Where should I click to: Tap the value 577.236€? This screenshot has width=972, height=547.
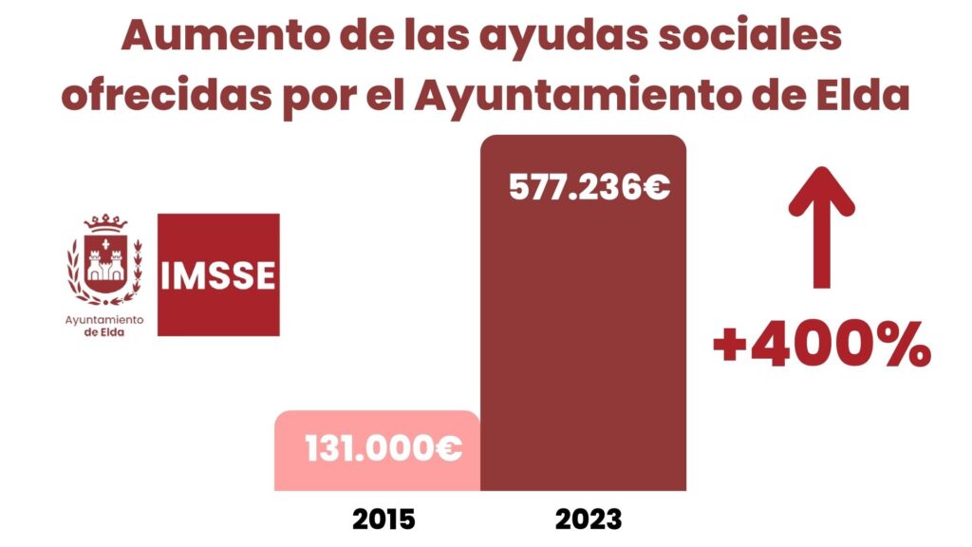[589, 188]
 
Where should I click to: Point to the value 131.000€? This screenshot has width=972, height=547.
[383, 448]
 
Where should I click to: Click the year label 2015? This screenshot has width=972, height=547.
[383, 519]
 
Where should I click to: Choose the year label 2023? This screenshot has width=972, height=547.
[589, 519]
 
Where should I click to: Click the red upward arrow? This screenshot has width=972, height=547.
[821, 228]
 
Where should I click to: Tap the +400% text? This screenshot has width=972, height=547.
[821, 347]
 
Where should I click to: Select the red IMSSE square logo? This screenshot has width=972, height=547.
[218, 274]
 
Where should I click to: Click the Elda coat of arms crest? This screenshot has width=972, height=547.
[105, 261]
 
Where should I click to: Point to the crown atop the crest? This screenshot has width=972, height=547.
[105, 224]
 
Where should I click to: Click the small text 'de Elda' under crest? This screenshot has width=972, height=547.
[104, 332]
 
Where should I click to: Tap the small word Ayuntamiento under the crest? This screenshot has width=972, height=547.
[104, 320]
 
